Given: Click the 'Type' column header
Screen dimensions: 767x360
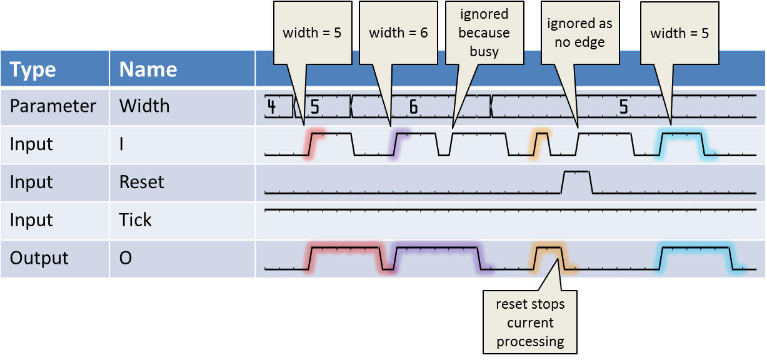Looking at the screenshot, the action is (x=33, y=69).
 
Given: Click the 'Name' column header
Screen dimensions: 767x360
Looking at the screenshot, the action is (x=148, y=69).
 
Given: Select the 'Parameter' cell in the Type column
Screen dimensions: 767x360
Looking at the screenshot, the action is (x=53, y=106).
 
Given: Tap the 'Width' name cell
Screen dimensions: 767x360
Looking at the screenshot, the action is (x=144, y=106).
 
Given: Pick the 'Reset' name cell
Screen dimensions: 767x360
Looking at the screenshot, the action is (x=141, y=182).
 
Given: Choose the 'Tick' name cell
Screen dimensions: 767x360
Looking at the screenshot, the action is (x=135, y=220).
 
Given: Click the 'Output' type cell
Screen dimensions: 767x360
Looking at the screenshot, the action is (x=39, y=257).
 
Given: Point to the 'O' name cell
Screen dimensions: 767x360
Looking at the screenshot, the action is (x=125, y=257).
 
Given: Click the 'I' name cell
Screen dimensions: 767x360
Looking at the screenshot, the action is (x=121, y=144).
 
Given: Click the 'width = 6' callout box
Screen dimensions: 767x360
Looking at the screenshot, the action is (x=398, y=33).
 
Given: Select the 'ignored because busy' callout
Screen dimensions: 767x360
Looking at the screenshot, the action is (x=484, y=33).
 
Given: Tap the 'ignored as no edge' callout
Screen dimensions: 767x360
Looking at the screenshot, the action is (x=580, y=33).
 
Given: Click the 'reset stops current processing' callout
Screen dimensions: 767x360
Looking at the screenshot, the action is (x=530, y=322).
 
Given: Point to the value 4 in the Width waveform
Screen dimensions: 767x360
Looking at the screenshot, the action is (x=271, y=106).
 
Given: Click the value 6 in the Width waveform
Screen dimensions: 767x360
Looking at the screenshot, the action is (x=414, y=107).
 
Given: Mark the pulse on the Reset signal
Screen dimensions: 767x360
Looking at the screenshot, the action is (x=577, y=182).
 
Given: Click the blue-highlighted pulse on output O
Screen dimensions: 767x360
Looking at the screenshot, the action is (x=696, y=258).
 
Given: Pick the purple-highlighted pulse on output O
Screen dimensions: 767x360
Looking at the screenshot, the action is (x=437, y=258).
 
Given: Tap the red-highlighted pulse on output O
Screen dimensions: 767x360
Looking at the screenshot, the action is (x=346, y=258).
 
